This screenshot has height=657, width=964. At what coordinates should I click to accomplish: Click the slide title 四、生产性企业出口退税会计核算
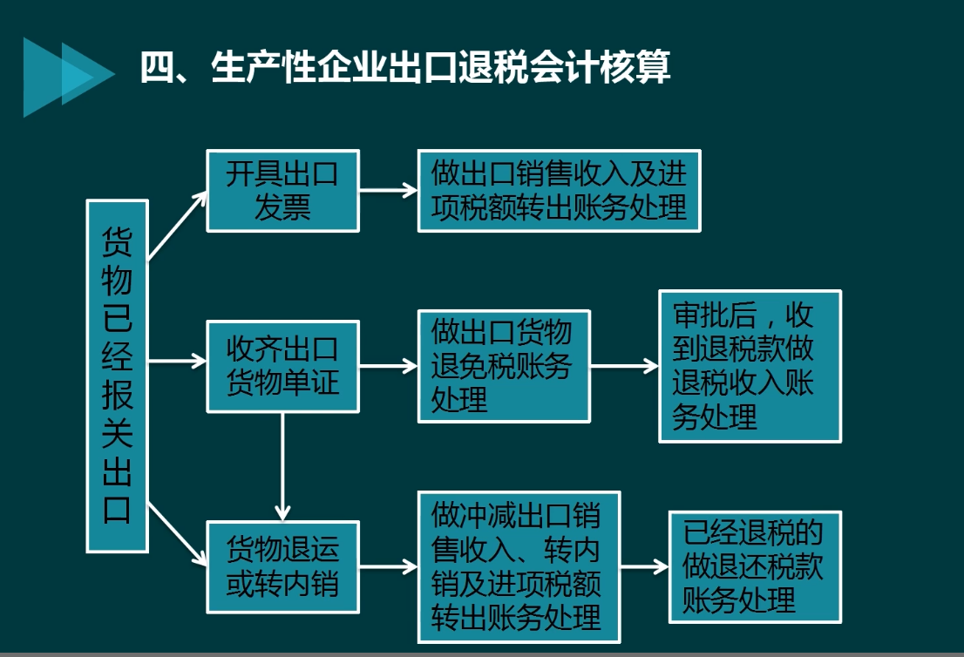405,68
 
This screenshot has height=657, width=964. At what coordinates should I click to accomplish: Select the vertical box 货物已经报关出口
118,376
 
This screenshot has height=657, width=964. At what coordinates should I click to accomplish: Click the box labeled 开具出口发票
282,191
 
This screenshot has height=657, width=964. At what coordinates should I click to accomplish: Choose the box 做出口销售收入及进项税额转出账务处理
559,191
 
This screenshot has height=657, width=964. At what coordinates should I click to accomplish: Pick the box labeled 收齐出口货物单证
282,366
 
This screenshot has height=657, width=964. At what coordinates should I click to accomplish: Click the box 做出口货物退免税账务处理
504,366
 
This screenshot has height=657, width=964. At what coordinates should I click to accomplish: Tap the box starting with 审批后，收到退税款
750,366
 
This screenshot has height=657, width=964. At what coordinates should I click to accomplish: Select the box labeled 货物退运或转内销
282,567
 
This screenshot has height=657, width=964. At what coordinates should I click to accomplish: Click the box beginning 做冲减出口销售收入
520,567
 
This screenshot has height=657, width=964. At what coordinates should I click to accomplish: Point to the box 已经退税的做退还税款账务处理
754,567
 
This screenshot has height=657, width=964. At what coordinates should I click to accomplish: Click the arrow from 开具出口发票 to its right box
388,190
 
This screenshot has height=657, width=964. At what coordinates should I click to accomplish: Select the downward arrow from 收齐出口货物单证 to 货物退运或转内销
282,466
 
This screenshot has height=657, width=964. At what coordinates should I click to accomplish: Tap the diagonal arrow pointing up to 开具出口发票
178,224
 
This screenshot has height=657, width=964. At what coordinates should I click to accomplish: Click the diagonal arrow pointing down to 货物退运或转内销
178,531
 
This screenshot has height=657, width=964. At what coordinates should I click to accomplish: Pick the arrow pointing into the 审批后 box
624,366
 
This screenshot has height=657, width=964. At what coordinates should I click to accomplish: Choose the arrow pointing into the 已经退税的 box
644,567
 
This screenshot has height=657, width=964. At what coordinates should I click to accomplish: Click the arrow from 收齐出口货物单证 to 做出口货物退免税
388,366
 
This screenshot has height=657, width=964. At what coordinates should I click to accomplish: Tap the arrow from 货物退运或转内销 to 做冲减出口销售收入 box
388,567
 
